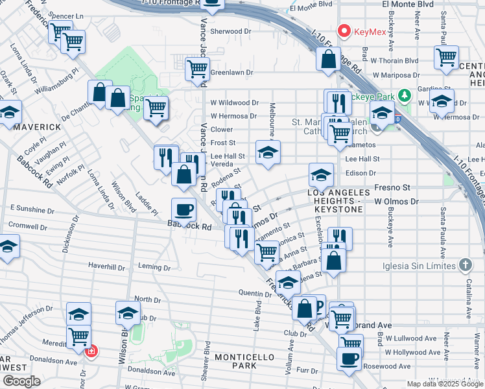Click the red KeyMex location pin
pyautogui.click(x=343, y=30)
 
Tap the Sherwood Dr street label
pyautogui.click(x=230, y=31)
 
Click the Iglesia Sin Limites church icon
pyautogui.click(x=464, y=265)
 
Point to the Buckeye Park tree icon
pyautogui.click(x=405, y=97)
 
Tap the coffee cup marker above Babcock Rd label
pyautogui.click(x=183, y=210)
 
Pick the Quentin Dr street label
pyautogui.click(x=255, y=294)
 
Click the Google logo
pyautogui.click(x=21, y=381)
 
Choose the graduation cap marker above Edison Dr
pyautogui.click(x=320, y=174)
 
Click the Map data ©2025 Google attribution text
pyautogui.click(x=443, y=384)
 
